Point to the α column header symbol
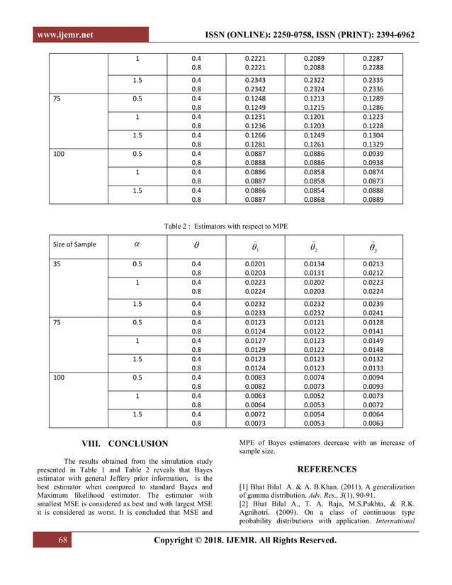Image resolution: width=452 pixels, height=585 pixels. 137,244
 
